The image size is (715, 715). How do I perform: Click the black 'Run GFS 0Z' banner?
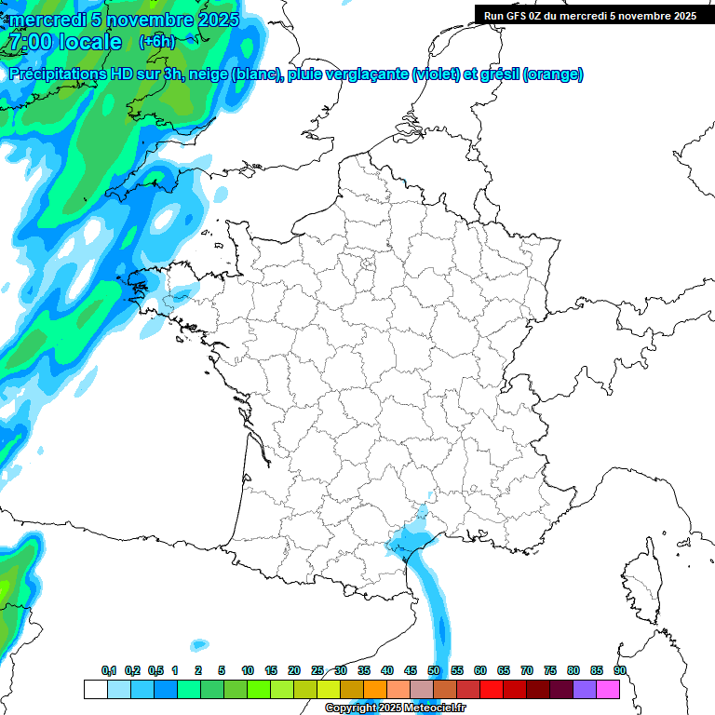click(x=590, y=15)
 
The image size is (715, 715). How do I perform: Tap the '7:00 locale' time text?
click(x=64, y=42)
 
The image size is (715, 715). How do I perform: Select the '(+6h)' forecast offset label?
click(x=156, y=41)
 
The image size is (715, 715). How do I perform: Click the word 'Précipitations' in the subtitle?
click(x=55, y=74)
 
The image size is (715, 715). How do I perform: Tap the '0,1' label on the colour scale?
click(x=109, y=671)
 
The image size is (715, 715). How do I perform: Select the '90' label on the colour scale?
click(x=620, y=671)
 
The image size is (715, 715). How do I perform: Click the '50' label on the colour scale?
click(x=434, y=671)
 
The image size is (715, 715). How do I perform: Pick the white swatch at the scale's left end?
click(x=95, y=689)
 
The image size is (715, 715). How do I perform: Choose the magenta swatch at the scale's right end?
click(x=608, y=689)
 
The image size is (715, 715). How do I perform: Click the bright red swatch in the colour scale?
click(x=492, y=689)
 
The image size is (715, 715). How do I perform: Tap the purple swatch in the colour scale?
click(x=585, y=689)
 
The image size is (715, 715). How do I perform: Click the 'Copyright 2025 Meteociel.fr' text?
click(x=395, y=708)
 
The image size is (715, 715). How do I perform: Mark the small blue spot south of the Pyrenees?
click(x=199, y=644)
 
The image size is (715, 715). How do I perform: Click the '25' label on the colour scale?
click(x=317, y=671)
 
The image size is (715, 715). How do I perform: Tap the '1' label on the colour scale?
click(x=175, y=671)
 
